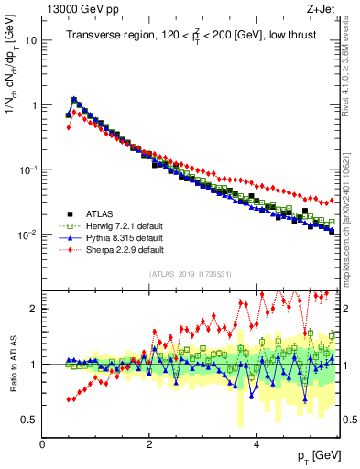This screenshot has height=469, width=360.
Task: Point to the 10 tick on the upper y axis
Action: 30,40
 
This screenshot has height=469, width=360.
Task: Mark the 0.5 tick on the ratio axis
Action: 28,420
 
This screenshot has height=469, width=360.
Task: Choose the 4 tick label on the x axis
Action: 256,443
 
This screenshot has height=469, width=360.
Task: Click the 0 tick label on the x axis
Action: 42,443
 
